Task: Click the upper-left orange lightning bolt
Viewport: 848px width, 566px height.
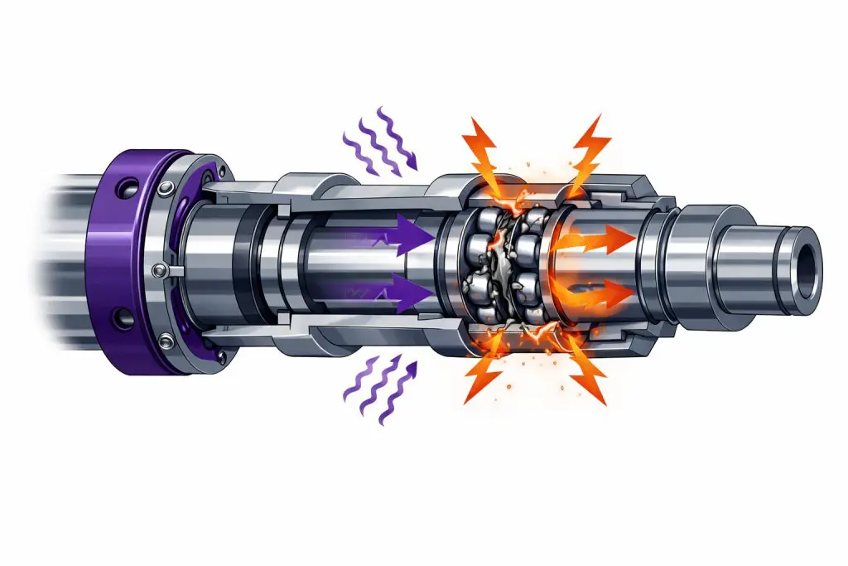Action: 484,149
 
